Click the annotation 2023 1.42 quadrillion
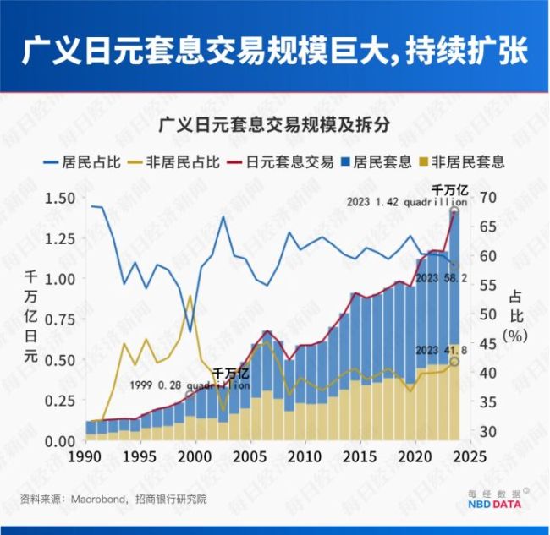(x=407, y=203)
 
